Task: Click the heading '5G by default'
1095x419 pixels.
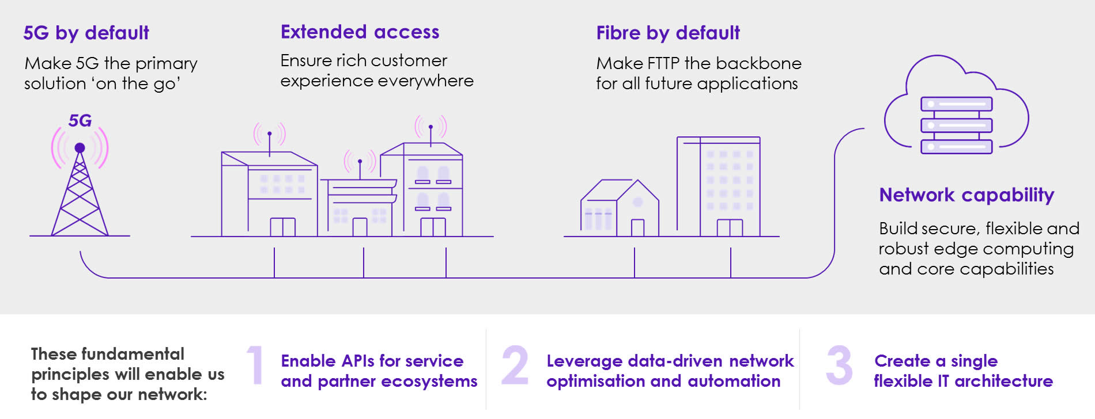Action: click(x=86, y=33)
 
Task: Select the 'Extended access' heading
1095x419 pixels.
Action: click(x=360, y=32)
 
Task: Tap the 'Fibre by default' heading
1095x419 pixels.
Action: click(x=667, y=33)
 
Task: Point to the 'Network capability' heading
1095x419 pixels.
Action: click(x=966, y=195)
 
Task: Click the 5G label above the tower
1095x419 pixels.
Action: click(x=80, y=120)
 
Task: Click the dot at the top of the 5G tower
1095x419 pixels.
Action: click(x=80, y=148)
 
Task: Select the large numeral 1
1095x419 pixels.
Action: click(x=255, y=365)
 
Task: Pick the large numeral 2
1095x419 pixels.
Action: click(x=514, y=365)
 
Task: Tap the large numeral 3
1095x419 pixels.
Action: click(x=839, y=365)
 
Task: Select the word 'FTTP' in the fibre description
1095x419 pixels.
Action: click(x=663, y=63)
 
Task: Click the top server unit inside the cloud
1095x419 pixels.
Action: click(x=956, y=104)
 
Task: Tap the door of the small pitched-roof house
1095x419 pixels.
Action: click(x=637, y=228)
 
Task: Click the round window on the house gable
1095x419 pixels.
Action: click(x=637, y=202)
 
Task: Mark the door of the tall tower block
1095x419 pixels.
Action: click(x=730, y=228)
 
